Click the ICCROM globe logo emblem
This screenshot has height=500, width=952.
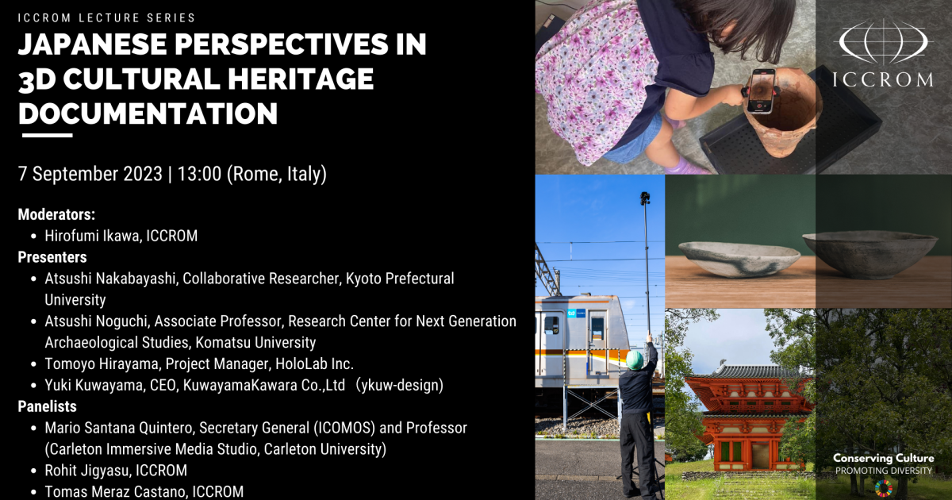point(883,41)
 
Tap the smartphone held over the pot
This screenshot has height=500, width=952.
point(761,91)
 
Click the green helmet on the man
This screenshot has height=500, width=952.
point(635,360)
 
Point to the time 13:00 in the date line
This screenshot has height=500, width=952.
point(199,174)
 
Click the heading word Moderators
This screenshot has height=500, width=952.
point(56,215)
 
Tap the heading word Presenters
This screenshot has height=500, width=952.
point(52,257)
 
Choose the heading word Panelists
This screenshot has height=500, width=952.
point(47,406)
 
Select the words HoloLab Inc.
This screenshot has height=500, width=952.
point(314,364)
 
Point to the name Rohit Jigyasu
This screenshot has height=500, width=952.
point(87,471)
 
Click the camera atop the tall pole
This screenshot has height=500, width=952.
point(645,198)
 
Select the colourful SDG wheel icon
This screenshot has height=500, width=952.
point(884,489)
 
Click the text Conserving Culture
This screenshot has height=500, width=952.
point(884,459)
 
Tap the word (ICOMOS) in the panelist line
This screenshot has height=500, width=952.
point(344,428)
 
